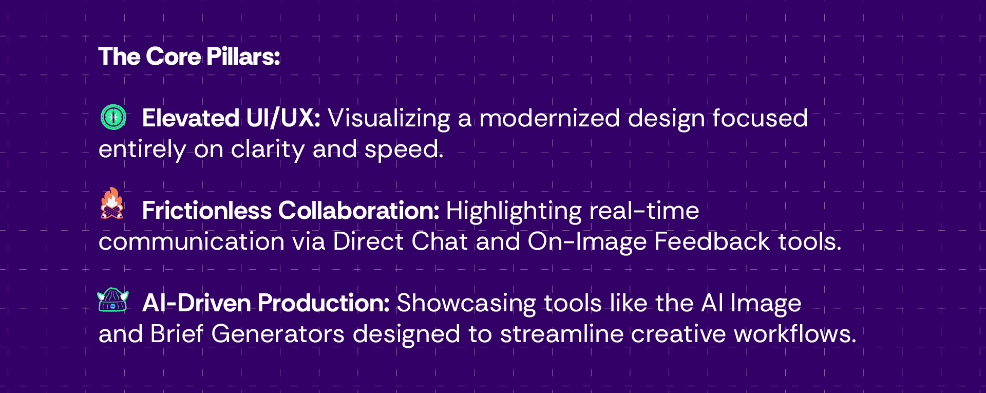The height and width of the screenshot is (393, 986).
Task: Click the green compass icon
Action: tap(113, 117)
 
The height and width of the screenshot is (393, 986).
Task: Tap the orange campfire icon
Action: tap(112, 203)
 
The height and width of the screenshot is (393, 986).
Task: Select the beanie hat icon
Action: tap(113, 300)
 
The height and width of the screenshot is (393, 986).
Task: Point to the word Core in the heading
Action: tap(173, 56)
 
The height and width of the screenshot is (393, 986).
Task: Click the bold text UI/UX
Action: tap(283, 118)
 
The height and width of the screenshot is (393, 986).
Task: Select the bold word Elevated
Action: tap(191, 118)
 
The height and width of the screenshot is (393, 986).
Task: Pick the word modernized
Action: tap(550, 118)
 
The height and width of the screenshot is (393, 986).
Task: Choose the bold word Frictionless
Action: tap(206, 211)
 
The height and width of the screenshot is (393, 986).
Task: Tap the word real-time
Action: tap(644, 211)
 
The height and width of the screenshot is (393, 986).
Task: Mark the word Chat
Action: tap(440, 241)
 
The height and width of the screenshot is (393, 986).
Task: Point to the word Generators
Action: tap(278, 334)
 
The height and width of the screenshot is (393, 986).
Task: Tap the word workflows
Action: tap(795, 334)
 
